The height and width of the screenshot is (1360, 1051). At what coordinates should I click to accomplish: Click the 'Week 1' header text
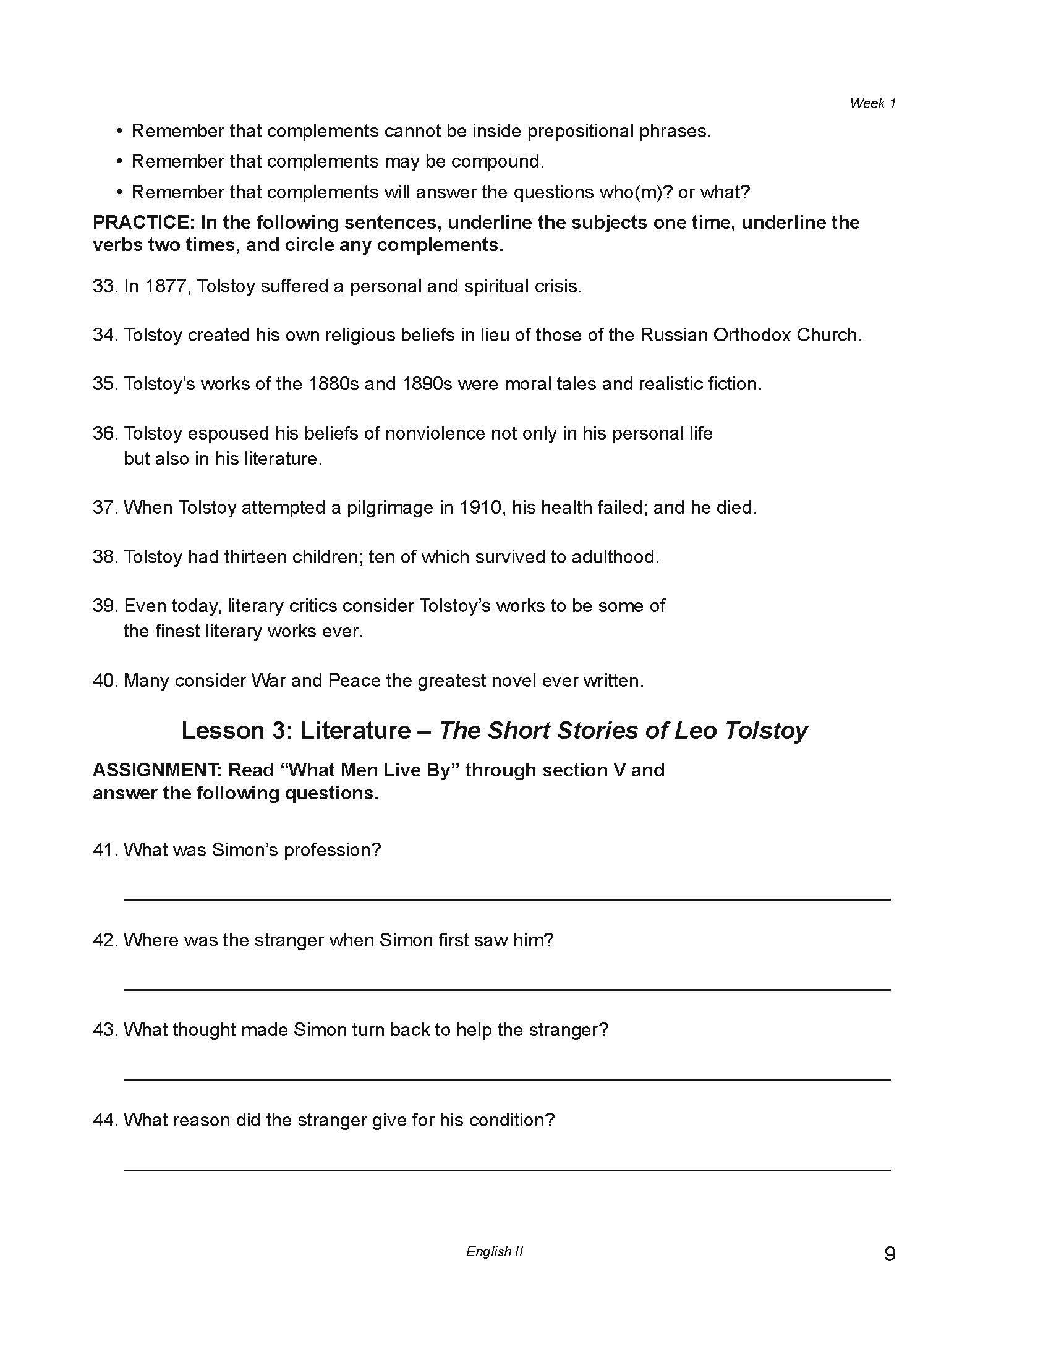872,104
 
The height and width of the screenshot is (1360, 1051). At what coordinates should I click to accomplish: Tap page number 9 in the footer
890,1253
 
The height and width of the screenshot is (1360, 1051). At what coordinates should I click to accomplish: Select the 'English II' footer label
495,1252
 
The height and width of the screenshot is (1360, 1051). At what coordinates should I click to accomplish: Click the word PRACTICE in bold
142,223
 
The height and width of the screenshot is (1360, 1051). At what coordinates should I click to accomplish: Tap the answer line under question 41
507,899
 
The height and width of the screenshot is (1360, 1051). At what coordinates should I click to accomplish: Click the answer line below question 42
507,990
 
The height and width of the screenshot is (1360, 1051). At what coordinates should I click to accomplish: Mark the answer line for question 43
507,1080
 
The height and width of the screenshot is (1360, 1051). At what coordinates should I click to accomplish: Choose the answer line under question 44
507,1170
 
